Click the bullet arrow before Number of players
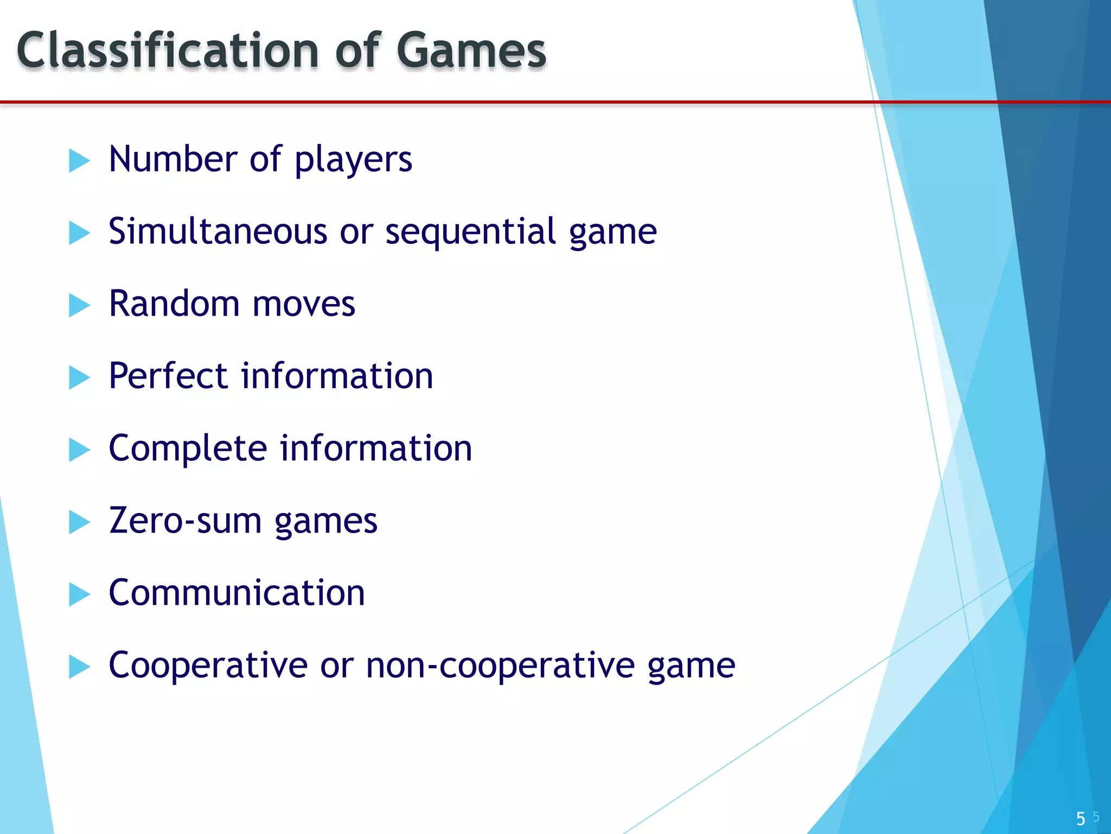tap(79, 161)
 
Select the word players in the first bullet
tap(353, 160)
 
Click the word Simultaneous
tap(218, 231)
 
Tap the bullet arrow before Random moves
tap(79, 306)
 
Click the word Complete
tap(188, 449)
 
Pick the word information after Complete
tap(376, 448)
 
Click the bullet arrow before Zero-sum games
tap(79, 522)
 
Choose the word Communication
tap(237, 592)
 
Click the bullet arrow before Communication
tap(79, 595)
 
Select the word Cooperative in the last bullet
tap(208, 666)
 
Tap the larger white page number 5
tap(1081, 818)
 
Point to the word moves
tap(304, 304)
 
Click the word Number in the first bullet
tap(173, 160)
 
